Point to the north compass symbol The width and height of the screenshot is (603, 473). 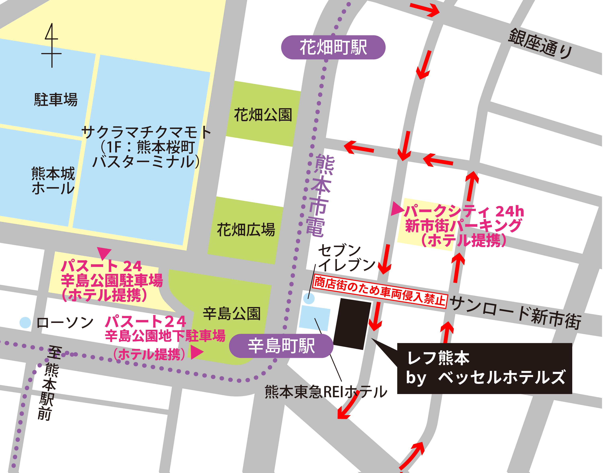tap(51, 46)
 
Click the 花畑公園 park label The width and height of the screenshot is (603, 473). tap(263, 115)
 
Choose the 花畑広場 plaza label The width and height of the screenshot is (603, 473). tap(246, 230)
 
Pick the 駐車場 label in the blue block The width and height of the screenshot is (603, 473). tap(56, 99)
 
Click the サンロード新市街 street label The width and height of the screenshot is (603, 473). tap(515, 312)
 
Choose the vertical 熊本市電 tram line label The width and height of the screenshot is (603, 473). tap(320, 195)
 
